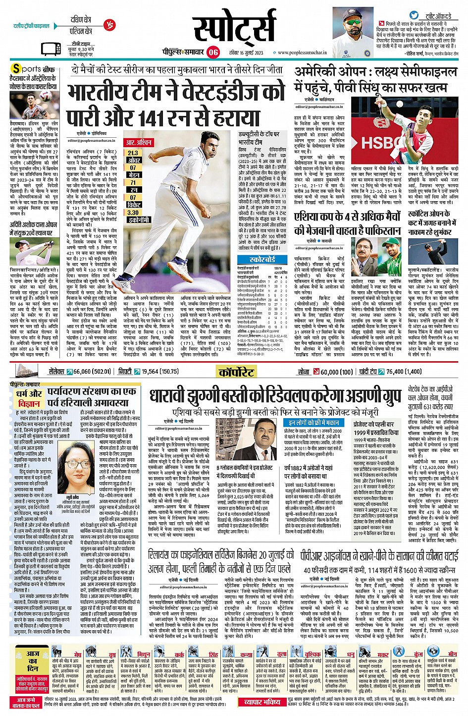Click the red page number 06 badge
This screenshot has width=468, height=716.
[213, 52]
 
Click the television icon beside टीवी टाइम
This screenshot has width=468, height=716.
[52, 49]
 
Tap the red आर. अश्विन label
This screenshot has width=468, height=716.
[139, 143]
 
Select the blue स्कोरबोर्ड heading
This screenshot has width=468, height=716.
[262, 259]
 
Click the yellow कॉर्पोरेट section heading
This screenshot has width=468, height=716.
[236, 372]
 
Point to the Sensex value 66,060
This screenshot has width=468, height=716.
[82, 372]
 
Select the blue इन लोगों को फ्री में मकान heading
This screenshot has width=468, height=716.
[314, 423]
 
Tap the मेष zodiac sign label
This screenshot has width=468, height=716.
[77, 655]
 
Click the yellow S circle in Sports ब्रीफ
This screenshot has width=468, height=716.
[17, 69]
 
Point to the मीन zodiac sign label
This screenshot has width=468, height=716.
[452, 655]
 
